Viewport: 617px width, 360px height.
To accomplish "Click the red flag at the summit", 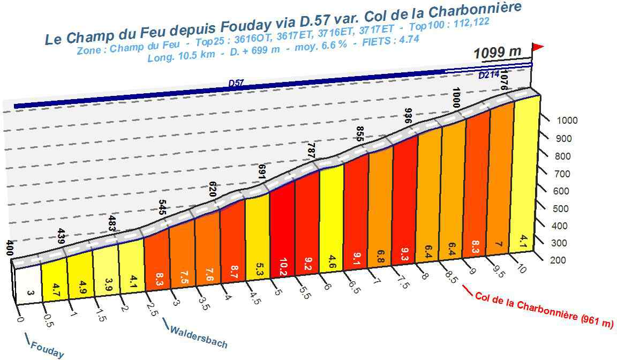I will point(538,48).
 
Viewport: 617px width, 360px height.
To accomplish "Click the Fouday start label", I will point(47,349).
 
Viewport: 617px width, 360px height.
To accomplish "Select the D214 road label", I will point(489,76).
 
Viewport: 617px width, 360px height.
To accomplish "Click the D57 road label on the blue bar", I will point(236,83).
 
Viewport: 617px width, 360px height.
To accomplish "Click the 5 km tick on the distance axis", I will point(277,292).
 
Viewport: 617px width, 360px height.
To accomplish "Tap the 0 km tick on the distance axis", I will point(20,320).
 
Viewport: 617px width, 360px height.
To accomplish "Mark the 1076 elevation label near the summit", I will point(503,79).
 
